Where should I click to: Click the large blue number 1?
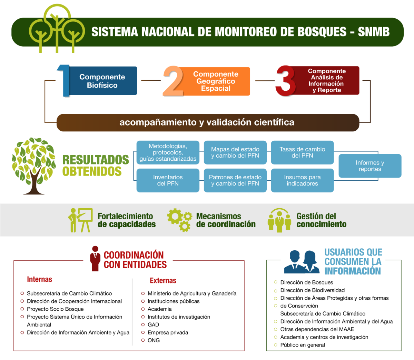(x=64, y=81)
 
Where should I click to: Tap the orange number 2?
(x=173, y=81)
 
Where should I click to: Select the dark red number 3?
(x=286, y=81)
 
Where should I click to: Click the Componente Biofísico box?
(x=102, y=81)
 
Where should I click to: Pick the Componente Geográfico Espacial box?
(x=216, y=81)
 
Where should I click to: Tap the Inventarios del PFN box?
(x=168, y=180)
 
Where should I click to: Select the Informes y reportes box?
(x=370, y=166)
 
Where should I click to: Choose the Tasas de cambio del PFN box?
(x=302, y=152)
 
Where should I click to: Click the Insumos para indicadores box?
(x=302, y=180)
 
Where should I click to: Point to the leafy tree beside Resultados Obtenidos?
(x=33, y=166)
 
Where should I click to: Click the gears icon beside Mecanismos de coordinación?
(x=179, y=220)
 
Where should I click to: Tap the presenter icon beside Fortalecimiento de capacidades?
(x=80, y=220)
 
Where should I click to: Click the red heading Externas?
(x=163, y=281)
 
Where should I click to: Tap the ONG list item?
(x=154, y=340)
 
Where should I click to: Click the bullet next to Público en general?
(x=276, y=345)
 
